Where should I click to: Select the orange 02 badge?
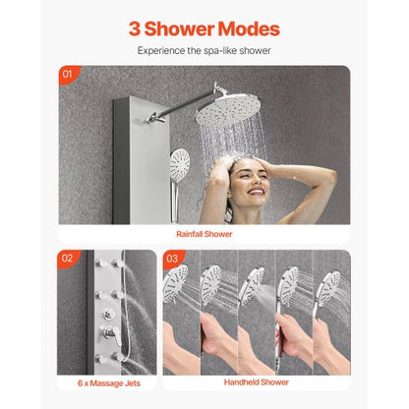(67, 260)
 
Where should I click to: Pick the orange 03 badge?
(173, 260)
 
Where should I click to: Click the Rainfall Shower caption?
(204, 234)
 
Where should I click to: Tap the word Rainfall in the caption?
(189, 234)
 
